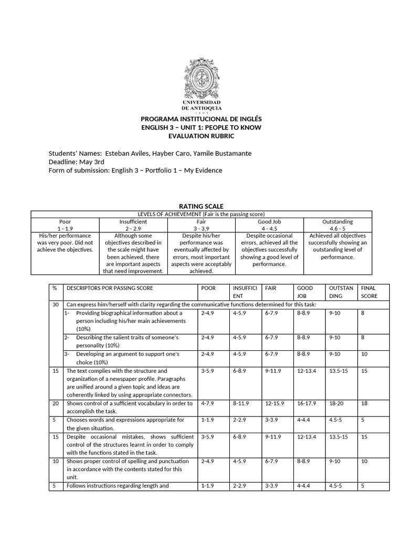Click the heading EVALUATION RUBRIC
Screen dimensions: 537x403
coord(201,136)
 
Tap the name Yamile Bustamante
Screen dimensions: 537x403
coord(222,153)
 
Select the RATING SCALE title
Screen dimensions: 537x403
coord(201,207)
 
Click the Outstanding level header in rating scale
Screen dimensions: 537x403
coord(337,222)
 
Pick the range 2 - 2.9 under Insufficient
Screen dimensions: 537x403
coord(133,229)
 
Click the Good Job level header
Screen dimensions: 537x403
coord(269,222)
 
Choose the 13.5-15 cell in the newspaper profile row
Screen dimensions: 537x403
coord(337,371)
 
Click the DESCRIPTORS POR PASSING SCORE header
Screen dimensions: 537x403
coord(111,288)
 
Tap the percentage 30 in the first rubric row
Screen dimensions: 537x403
coord(55,304)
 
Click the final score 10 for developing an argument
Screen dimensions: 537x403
coord(363,355)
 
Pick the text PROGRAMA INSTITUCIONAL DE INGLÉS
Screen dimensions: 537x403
coord(201,120)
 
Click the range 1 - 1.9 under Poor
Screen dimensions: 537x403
coord(65,229)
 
